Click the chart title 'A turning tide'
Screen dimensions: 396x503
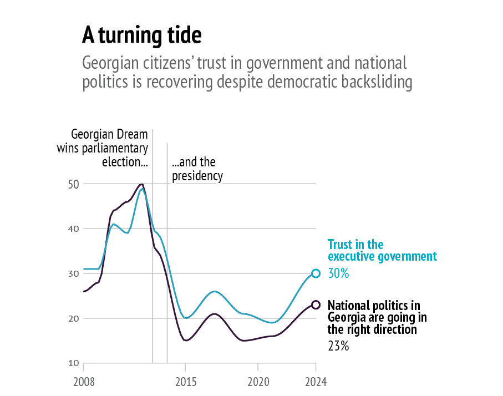[141, 35]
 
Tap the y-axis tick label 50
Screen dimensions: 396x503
[74, 184]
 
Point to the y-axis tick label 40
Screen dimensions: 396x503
[74, 229]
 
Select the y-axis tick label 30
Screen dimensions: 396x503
[74, 273]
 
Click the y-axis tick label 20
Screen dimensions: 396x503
[74, 318]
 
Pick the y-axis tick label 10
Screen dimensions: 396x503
[74, 363]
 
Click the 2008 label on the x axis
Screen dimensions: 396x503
[84, 382]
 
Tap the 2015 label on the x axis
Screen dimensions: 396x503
[185, 382]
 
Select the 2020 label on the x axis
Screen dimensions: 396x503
[258, 382]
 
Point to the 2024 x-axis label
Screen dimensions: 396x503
[316, 382]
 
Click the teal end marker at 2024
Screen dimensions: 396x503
[316, 273]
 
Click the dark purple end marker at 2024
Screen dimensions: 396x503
[316, 304]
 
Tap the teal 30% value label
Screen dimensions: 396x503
[338, 274]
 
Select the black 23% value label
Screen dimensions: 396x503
[338, 347]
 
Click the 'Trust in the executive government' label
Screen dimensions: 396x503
[382, 250]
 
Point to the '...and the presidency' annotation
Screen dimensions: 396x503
[197, 169]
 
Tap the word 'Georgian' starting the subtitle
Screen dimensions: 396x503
[108, 62]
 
